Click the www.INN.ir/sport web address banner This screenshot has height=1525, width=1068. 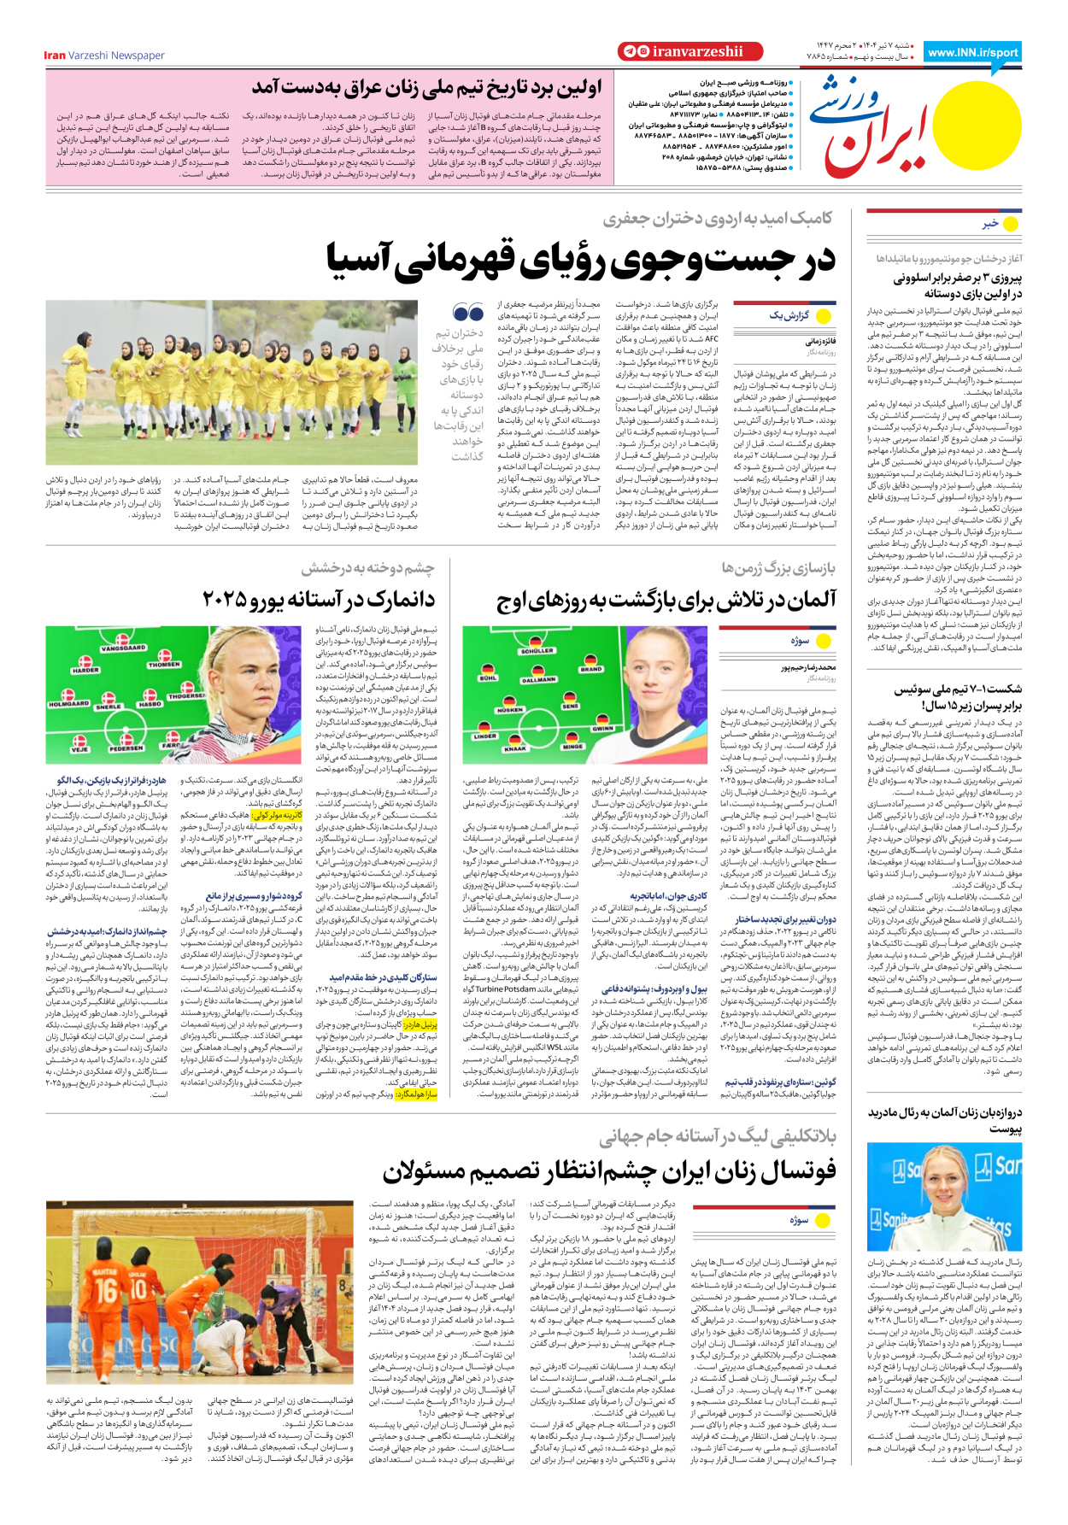click(973, 52)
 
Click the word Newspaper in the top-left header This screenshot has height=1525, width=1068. click(138, 56)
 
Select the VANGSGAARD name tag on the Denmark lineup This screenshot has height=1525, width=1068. click(123, 648)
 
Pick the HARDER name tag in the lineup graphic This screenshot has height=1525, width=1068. click(85, 671)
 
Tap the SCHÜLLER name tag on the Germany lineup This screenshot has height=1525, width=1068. click(537, 650)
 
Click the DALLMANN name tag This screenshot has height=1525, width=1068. click(538, 680)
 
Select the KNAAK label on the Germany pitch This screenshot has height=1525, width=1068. click(515, 748)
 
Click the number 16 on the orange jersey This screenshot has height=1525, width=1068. click(106, 1287)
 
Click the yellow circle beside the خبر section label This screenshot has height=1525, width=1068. click(1011, 224)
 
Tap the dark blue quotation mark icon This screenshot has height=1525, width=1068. click(468, 313)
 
